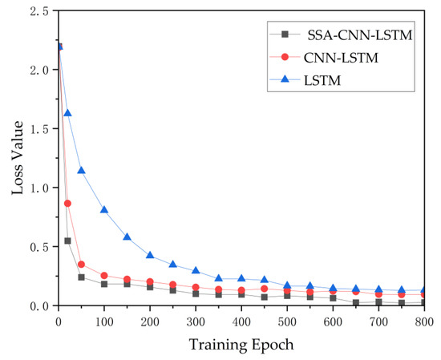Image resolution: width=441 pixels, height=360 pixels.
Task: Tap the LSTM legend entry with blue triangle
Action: [322, 81]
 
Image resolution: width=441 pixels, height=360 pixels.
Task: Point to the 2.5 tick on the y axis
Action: [37, 11]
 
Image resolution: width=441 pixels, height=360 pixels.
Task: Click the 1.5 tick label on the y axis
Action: [37, 129]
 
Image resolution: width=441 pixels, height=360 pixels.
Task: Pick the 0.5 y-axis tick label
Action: [37, 247]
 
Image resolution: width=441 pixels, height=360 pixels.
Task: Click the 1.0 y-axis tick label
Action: [37, 188]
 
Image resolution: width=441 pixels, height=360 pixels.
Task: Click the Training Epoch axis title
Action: [241, 345]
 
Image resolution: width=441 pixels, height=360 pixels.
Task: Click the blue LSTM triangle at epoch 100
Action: [104, 210]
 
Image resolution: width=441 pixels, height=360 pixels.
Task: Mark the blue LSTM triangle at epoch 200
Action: [150, 255]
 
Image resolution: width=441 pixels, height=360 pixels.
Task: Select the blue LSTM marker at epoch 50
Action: [81, 170]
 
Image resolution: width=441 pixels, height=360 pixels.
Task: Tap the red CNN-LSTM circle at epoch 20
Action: [67, 204]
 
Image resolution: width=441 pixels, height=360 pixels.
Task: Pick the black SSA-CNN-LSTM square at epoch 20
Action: [67, 241]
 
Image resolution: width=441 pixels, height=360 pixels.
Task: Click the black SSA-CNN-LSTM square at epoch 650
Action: [356, 303]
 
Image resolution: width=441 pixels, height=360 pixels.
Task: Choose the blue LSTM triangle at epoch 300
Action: [196, 271]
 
